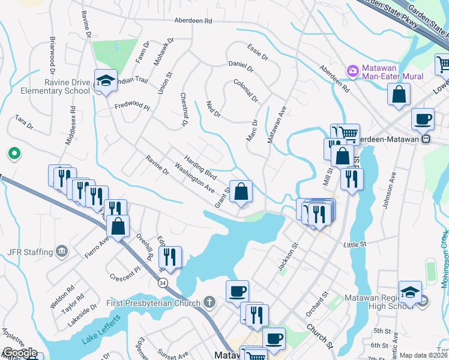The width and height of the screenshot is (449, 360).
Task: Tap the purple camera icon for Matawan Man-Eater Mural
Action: (x=352, y=71)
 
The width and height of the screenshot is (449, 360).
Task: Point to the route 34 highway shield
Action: (x=162, y=284)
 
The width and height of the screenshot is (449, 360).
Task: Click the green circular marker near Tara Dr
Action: (x=13, y=154)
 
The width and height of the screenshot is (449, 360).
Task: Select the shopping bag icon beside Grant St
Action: (x=241, y=192)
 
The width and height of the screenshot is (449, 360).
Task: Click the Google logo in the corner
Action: (x=19, y=353)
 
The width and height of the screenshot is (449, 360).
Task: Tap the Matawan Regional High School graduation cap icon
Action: (x=410, y=292)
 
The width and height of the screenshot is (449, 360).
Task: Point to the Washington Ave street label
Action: (x=194, y=177)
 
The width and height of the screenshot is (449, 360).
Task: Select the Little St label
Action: (x=354, y=245)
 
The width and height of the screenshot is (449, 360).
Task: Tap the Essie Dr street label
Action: (x=258, y=51)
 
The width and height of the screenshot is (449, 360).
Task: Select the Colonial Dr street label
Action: (x=246, y=91)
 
